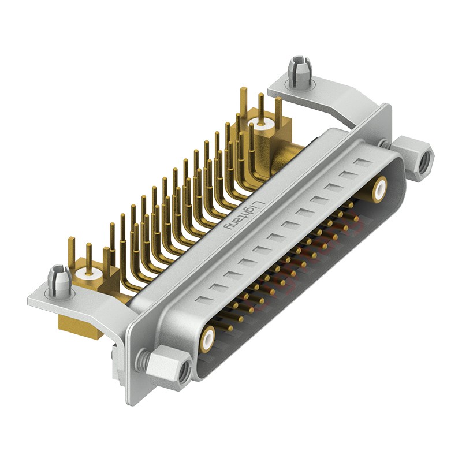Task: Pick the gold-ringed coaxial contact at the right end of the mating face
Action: [x=380, y=189]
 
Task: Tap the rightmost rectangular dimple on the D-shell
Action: [x=362, y=163]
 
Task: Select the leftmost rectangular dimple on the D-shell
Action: [x=202, y=300]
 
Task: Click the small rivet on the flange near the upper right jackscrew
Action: [x=383, y=143]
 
